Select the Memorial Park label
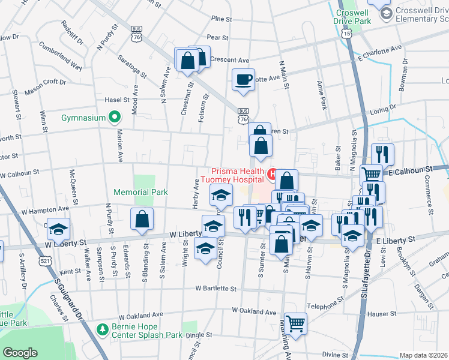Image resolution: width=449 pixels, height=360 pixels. click(x=140, y=192)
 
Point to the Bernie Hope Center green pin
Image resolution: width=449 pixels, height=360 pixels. click(x=103, y=329)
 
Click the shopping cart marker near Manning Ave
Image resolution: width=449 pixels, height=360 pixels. click(x=295, y=323)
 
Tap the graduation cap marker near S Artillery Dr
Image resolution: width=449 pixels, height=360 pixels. click(x=58, y=229)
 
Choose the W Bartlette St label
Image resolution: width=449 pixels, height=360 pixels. click(x=216, y=289)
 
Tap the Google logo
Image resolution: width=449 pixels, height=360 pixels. click(x=20, y=353)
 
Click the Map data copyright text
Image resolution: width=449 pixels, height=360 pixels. click(x=423, y=355)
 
